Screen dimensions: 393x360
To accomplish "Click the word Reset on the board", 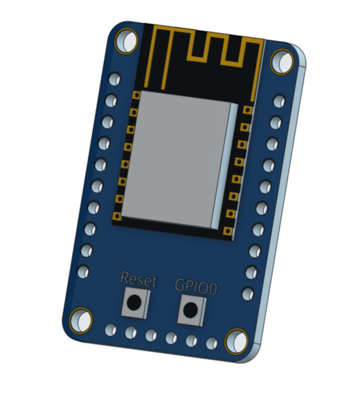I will coord(139,281).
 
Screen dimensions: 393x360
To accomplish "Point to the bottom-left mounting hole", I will coord(79,319).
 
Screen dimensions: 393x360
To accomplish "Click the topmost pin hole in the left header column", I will coord(114,79).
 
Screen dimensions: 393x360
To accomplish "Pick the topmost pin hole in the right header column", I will coord(279,101).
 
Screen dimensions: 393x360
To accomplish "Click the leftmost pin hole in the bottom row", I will coord(111,330).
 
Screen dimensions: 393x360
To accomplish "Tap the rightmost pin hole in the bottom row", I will coord(211,343).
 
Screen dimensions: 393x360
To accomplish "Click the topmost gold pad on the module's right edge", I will coord(247,110).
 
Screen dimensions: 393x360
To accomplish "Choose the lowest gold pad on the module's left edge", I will coord(116,216).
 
